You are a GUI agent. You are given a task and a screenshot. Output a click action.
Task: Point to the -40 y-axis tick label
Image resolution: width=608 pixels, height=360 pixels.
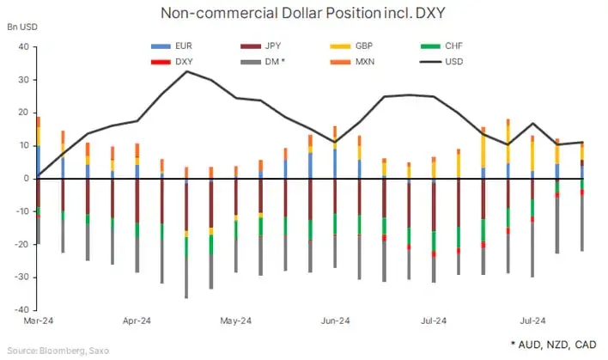[x=23, y=309]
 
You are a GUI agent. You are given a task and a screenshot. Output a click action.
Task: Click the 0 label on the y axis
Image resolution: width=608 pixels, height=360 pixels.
[x=27, y=179]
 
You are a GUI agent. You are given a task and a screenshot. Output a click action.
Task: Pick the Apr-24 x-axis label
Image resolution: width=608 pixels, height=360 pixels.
[x=137, y=321]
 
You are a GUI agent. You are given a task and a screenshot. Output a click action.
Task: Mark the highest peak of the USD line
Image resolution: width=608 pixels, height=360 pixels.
[x=187, y=71]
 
